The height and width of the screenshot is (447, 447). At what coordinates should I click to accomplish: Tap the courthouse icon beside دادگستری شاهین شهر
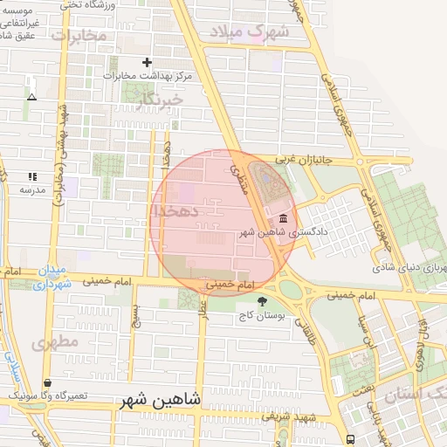[x=282, y=219]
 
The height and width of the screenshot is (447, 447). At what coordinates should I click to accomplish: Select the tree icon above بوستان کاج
[x=263, y=301]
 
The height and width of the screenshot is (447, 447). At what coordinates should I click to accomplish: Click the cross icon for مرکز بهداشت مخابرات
[x=147, y=62]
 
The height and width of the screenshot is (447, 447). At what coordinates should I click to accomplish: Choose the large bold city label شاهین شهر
[x=160, y=400]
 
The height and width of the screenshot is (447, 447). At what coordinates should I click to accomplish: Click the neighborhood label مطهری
[x=55, y=342]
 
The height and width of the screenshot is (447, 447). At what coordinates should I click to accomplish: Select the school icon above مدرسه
[x=32, y=176]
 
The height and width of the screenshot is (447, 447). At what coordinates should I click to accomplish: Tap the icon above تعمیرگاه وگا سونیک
[x=46, y=382]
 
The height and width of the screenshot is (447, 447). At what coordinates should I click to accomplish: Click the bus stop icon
[x=350, y=439]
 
